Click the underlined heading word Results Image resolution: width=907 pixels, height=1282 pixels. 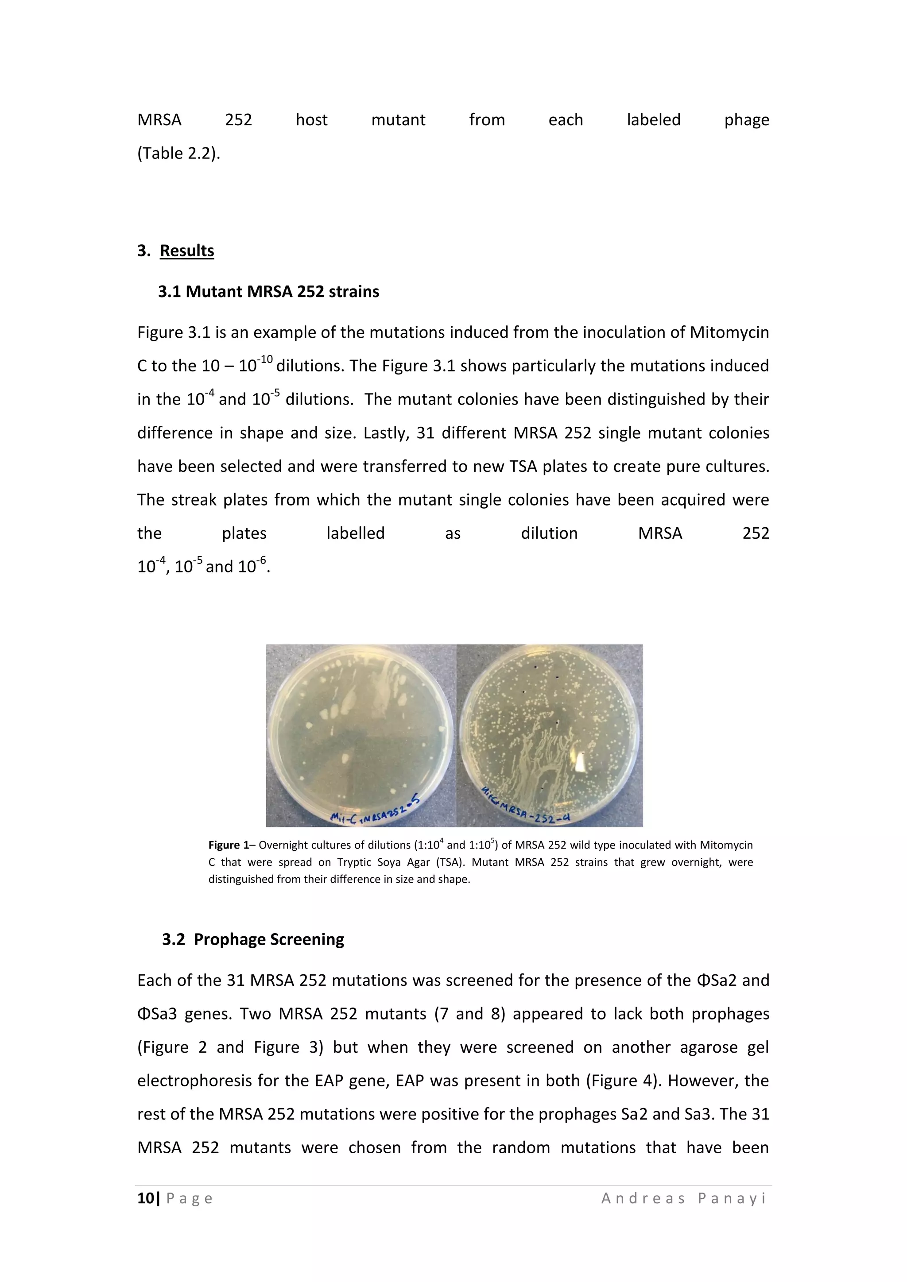click(x=186, y=251)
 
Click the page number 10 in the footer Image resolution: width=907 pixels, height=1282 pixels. click(x=145, y=1198)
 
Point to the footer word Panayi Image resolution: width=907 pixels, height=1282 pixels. click(x=732, y=1198)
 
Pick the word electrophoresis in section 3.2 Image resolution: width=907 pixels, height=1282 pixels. click(x=193, y=1081)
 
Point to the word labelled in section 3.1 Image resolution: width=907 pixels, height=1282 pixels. click(x=355, y=533)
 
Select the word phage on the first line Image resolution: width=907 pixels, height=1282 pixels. click(x=746, y=120)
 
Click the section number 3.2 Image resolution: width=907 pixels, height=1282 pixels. click(x=173, y=939)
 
